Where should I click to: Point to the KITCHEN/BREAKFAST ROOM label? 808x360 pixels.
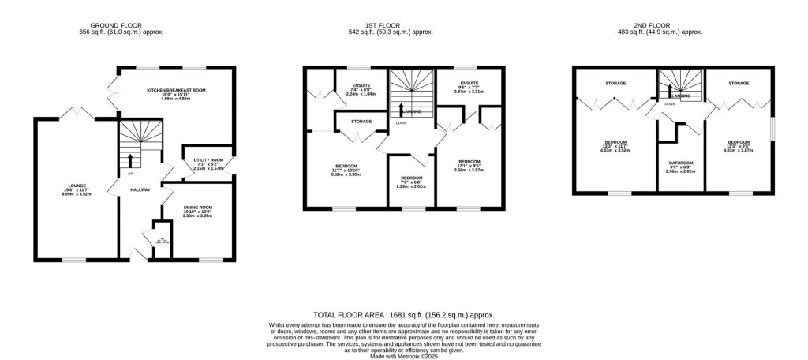[x=176, y=91]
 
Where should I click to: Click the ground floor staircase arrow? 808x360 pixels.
[x=130, y=160]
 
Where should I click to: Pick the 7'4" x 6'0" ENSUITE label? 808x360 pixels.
[x=361, y=88]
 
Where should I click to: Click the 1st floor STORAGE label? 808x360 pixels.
[x=361, y=121]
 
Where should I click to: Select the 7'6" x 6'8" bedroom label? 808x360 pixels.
[x=411, y=178]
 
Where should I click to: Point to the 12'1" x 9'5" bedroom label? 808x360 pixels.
[x=469, y=162]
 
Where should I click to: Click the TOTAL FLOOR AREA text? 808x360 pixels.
[x=404, y=313]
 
